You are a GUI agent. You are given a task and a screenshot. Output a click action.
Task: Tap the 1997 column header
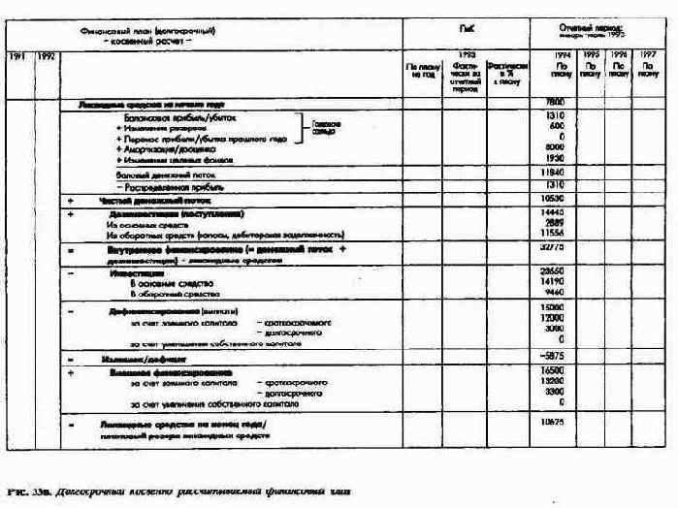point(649,55)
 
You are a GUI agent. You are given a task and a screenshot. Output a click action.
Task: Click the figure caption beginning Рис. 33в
point(175,492)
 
